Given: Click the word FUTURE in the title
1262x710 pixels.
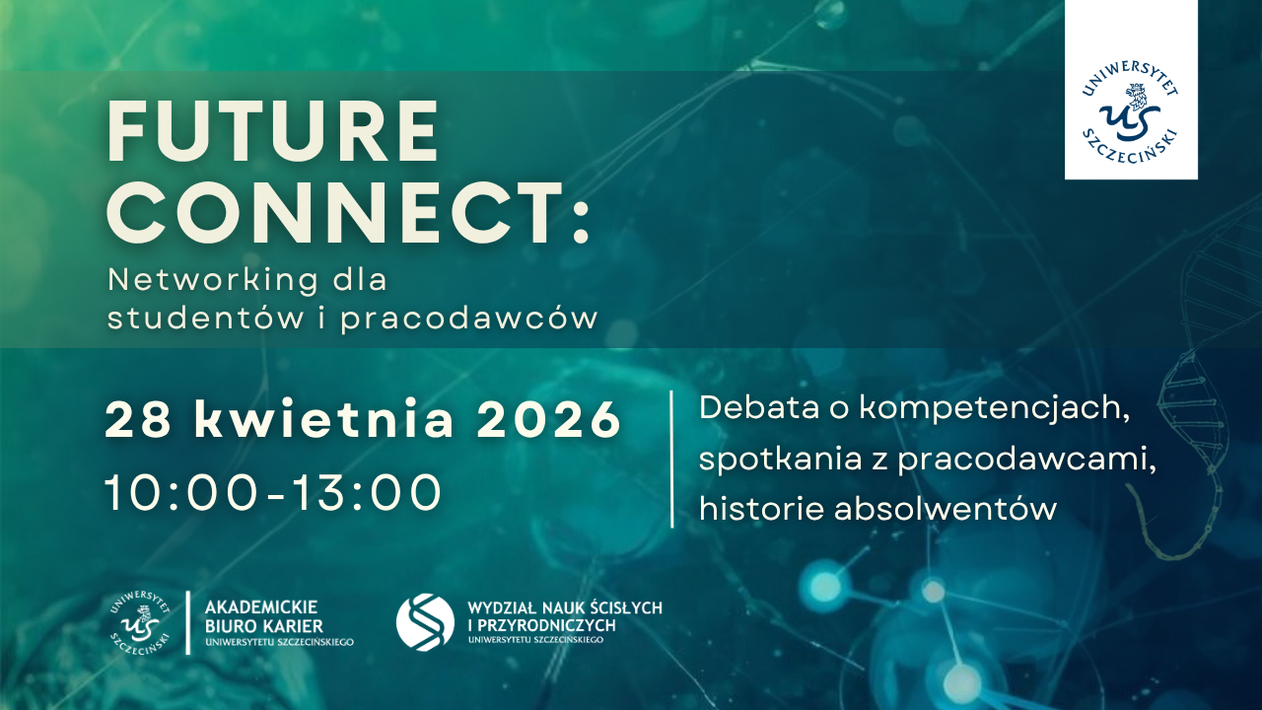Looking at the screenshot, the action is pos(273,131).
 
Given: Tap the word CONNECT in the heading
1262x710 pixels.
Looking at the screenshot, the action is pos(336,212).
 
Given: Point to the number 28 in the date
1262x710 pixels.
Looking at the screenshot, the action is pos(138,419).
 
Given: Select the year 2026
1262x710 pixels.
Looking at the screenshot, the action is pos(549,419).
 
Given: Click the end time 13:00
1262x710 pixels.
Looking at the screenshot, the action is pos(367,492).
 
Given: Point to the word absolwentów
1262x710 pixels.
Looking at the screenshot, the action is pos(946,509).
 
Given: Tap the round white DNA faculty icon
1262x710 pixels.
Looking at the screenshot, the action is pos(425,622).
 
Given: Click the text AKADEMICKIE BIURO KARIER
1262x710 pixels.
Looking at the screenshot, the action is pos(263,616).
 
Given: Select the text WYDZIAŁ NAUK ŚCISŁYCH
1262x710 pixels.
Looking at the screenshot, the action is pos(565,608).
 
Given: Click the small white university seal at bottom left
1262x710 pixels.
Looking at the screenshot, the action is pos(140,622).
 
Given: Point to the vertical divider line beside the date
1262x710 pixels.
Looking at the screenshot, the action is pos(672,460).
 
